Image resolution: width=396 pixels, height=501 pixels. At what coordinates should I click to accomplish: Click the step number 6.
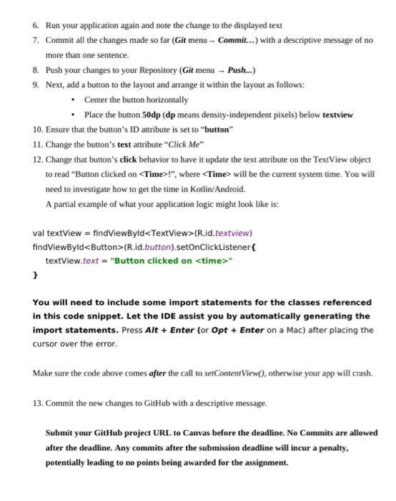click(x=36, y=25)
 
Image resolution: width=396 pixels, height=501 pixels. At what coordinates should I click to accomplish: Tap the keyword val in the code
click(x=39, y=233)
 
